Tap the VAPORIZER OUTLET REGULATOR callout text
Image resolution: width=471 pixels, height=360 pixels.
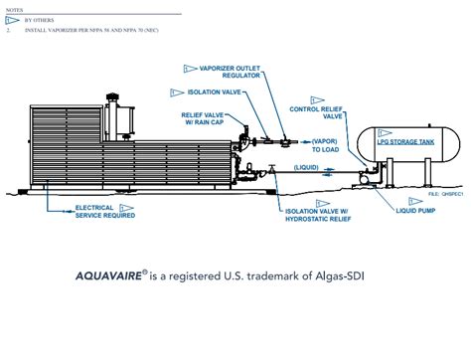232,73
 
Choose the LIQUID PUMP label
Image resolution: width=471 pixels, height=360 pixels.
413,210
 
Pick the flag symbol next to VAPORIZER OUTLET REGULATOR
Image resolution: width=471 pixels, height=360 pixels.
190,69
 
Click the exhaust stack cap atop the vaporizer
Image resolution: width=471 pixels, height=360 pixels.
113,96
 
